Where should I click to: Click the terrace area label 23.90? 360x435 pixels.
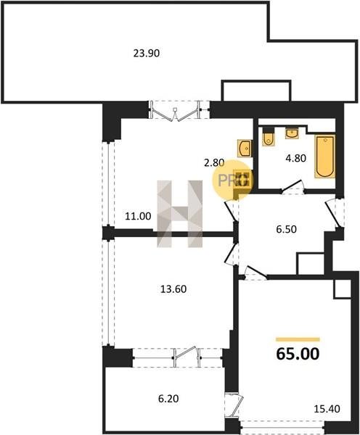click(147, 53)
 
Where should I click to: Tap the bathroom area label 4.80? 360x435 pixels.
click(296, 158)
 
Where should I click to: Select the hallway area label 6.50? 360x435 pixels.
click(286, 229)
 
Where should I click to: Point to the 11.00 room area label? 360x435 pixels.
click(138, 216)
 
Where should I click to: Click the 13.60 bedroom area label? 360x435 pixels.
click(173, 289)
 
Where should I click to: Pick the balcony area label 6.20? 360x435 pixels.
click(168, 399)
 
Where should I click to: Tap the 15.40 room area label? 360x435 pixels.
click(327, 409)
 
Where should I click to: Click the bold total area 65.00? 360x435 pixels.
click(298, 354)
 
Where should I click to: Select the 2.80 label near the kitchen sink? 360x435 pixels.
click(214, 163)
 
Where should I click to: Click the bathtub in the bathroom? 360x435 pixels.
click(324, 156)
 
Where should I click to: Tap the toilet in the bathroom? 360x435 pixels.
click(269, 137)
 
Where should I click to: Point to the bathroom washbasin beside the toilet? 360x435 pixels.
click(292, 133)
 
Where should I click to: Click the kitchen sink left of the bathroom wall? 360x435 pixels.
click(245, 149)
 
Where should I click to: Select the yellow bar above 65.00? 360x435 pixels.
click(298, 339)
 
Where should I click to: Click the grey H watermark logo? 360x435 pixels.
click(180, 214)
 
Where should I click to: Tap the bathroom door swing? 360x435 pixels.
click(292, 186)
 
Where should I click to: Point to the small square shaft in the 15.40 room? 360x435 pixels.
click(343, 289)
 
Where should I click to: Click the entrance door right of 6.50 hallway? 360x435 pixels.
click(332, 212)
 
